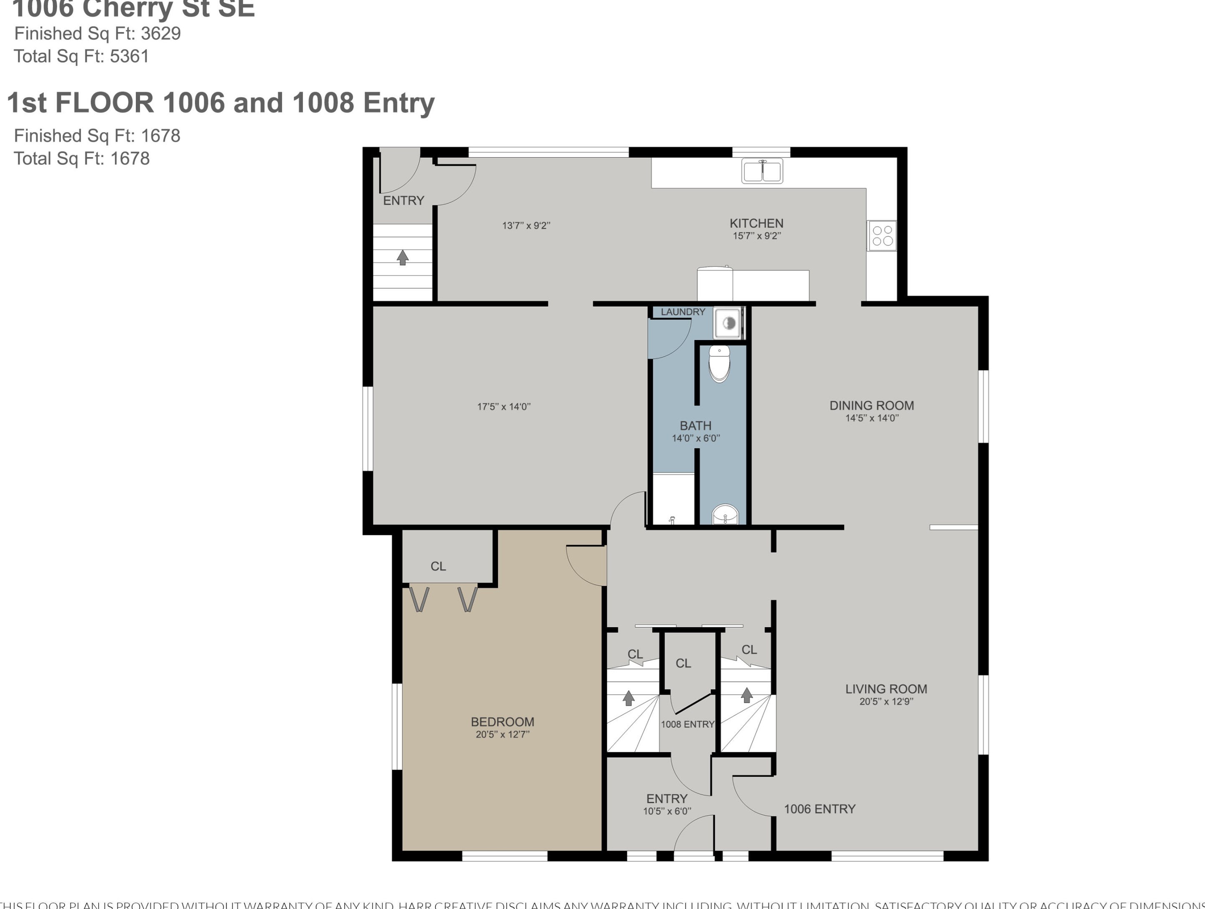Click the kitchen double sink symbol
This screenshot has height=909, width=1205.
tap(762, 170)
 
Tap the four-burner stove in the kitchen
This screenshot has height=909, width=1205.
tap(882, 235)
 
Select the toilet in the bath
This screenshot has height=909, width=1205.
tap(719, 363)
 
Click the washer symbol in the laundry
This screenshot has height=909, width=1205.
tap(728, 323)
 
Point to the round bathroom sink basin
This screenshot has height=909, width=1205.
tap(725, 514)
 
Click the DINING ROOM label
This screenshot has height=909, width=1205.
tap(871, 406)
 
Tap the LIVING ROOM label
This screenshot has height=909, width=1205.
tap(886, 689)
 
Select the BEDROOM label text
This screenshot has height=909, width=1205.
tap(502, 721)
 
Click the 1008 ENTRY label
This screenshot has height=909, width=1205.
tap(687, 724)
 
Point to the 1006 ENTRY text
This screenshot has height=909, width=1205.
tap(819, 809)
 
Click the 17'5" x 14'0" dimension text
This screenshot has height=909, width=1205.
tap(503, 406)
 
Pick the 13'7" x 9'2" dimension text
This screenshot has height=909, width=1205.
tap(526, 225)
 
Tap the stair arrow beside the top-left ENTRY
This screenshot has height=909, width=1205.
tap(402, 257)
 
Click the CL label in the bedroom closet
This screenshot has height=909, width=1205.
tap(438, 566)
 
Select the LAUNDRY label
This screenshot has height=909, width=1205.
tap(682, 312)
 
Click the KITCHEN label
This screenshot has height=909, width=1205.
tap(756, 223)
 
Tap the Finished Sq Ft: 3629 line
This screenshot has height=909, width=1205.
tap(97, 33)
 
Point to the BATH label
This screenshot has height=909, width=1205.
tap(695, 426)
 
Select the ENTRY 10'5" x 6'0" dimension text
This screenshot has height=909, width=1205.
tap(667, 811)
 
